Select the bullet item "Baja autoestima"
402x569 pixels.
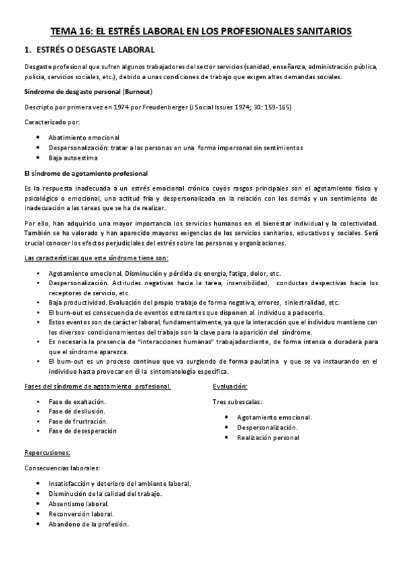click(x=72, y=158)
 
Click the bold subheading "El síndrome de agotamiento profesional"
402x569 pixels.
click(x=85, y=173)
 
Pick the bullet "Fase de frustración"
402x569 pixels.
click(x=79, y=421)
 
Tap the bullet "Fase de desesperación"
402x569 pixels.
click(x=83, y=431)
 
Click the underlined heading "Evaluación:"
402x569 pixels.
click(x=230, y=386)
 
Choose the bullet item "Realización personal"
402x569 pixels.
click(x=268, y=437)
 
